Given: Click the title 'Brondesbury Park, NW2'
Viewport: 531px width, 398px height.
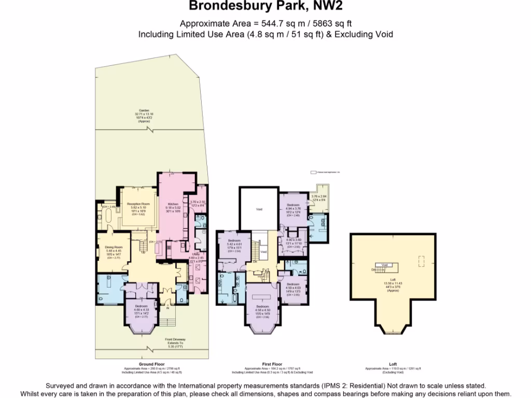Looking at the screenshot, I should (265, 6).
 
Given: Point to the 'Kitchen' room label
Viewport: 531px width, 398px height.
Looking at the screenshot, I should (172, 204).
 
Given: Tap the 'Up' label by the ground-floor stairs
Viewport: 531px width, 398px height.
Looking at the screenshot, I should (144, 252).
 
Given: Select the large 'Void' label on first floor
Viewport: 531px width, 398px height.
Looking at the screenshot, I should (259, 209).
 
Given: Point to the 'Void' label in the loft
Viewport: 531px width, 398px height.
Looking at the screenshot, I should (384, 265).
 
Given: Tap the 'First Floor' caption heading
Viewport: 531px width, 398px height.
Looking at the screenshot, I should (272, 364).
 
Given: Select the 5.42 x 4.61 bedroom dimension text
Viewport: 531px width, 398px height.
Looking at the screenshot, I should (234, 244).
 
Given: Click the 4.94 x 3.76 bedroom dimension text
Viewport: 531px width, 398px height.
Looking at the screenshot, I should (294, 208).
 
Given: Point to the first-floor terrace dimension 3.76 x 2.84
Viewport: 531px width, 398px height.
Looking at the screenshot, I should (319, 196).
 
